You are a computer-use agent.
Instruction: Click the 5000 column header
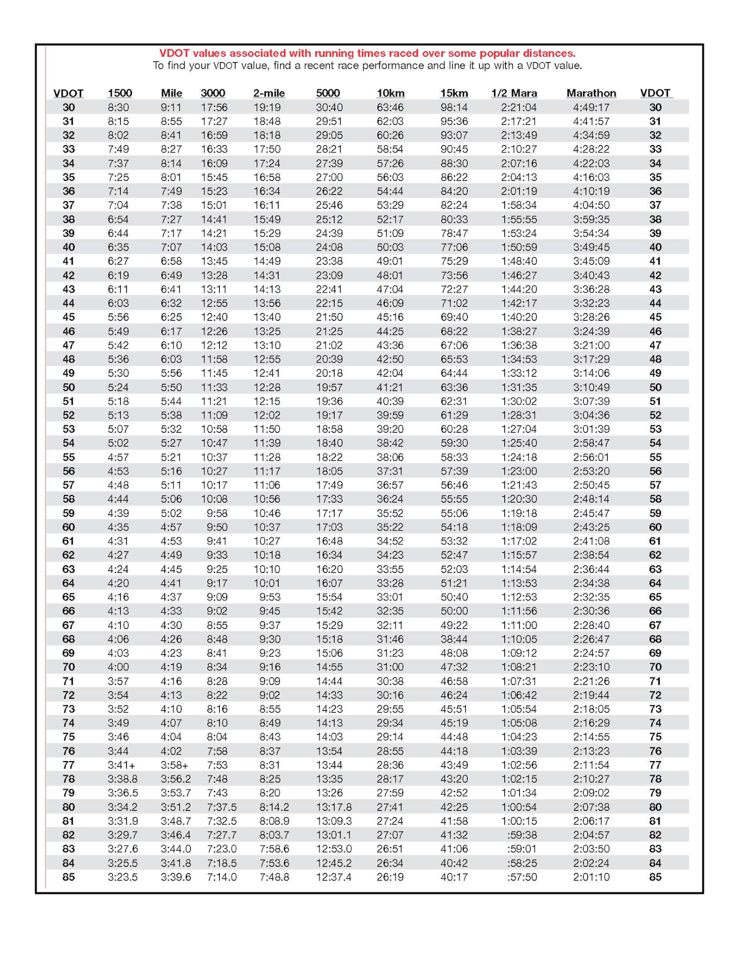pyautogui.click(x=327, y=93)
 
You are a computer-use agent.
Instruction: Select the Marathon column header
pyautogui.click(x=591, y=93)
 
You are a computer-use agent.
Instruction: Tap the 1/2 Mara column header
pyautogui.click(x=514, y=93)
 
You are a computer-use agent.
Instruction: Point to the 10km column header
pyautogui.click(x=390, y=93)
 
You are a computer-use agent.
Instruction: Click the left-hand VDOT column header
pyautogui.click(x=68, y=93)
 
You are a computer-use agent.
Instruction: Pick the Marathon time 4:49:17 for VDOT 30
pyautogui.click(x=591, y=107)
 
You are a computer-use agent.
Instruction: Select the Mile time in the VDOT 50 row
pyautogui.click(x=171, y=387)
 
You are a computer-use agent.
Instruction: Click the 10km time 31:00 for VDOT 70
pyautogui.click(x=390, y=667)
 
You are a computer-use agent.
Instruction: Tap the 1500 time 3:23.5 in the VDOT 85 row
pyautogui.click(x=122, y=877)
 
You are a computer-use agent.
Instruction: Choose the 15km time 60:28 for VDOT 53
pyautogui.click(x=454, y=429)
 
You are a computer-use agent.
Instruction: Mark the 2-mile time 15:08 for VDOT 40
pyautogui.click(x=267, y=247)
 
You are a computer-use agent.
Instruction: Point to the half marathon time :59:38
pyautogui.click(x=522, y=835)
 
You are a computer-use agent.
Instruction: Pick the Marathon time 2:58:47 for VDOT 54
pyautogui.click(x=591, y=443)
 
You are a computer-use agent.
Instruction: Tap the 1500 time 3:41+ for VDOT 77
pyautogui.click(x=121, y=765)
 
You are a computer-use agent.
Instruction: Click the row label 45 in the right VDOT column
pyautogui.click(x=655, y=317)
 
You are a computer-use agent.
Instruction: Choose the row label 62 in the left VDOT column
pyautogui.click(x=68, y=555)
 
